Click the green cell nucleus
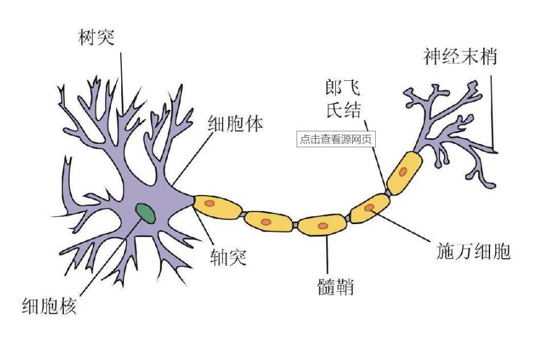146,213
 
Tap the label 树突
96,38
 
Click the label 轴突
228,258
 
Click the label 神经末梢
460,57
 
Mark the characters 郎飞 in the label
343,88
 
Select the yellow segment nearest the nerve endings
405,172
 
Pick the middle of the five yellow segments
323,225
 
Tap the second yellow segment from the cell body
269,221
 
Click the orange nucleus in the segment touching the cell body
209,203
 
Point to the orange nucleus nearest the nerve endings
403,171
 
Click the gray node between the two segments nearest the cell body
243,214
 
